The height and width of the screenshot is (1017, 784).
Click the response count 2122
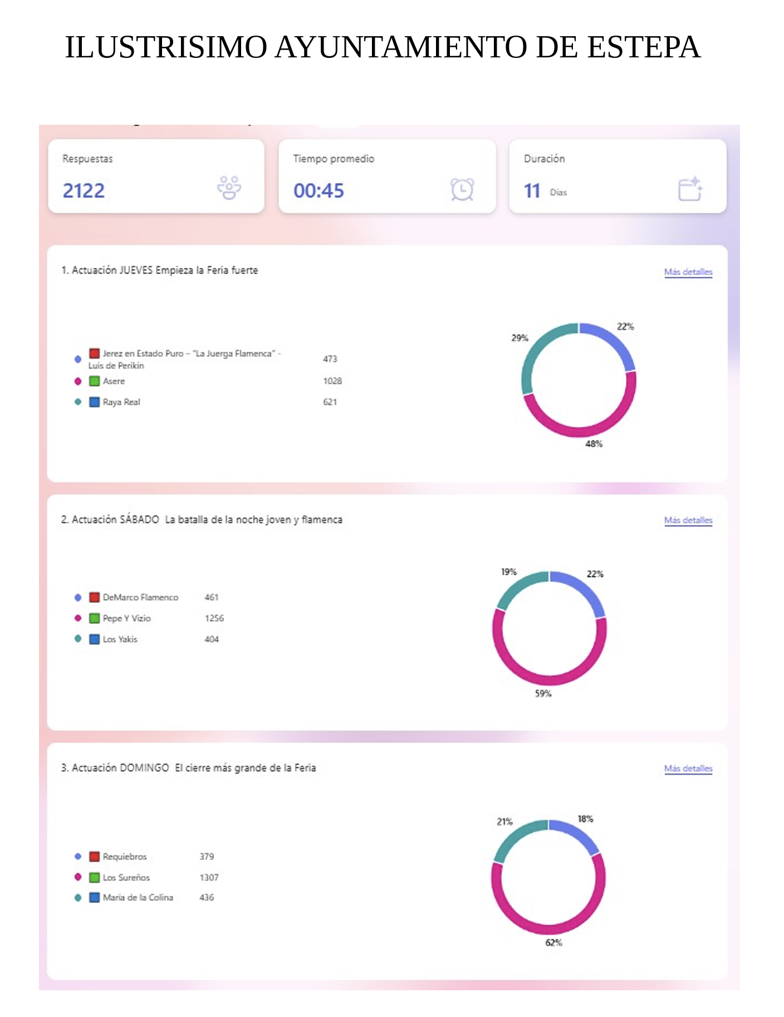84,190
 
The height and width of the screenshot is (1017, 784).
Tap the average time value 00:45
318,190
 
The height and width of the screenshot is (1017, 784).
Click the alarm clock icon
462,189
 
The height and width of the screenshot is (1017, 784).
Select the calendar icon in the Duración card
690,189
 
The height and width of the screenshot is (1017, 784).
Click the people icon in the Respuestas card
229,188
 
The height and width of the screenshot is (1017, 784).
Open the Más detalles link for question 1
688,272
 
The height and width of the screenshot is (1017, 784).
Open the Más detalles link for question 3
688,768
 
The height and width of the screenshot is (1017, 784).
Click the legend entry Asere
114,381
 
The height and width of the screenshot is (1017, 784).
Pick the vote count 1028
332,381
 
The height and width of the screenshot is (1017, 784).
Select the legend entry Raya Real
121,402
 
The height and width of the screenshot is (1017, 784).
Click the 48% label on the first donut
594,444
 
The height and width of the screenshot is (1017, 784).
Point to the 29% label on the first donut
520,338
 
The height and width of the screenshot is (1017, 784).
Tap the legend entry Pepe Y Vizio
126,618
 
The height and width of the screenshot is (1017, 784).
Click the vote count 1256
214,618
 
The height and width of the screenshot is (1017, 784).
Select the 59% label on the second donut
543,693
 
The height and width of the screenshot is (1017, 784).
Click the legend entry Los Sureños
126,877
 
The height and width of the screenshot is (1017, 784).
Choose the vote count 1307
209,877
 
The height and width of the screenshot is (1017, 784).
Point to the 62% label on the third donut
553,942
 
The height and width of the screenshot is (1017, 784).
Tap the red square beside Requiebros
95,856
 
